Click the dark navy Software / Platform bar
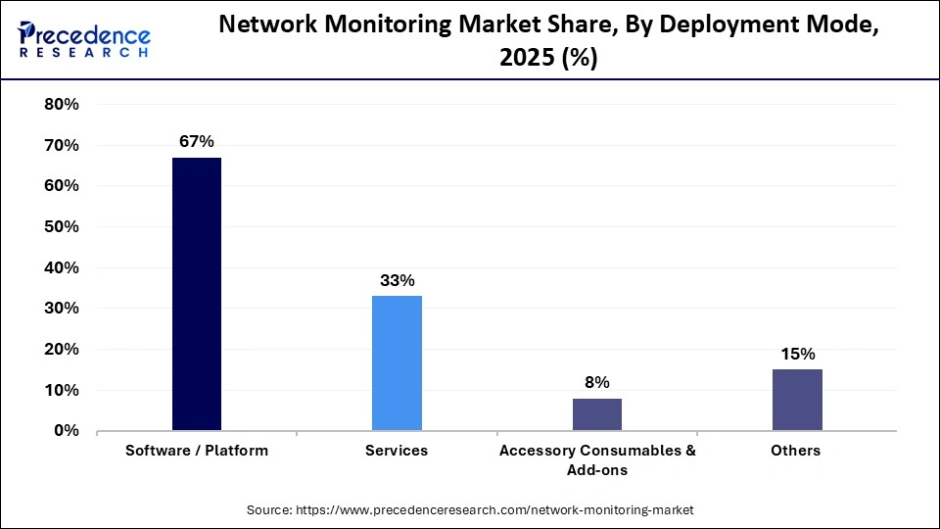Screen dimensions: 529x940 (x=197, y=294)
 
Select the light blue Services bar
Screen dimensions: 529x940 (x=397, y=362)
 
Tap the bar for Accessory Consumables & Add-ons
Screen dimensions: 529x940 (x=597, y=414)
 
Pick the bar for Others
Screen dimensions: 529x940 (x=797, y=400)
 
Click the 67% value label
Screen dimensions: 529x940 (x=197, y=142)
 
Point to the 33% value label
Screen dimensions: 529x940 (x=397, y=280)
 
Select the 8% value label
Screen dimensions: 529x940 (x=597, y=382)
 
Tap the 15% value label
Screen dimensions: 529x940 (x=797, y=354)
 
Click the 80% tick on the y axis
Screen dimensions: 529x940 (x=62, y=105)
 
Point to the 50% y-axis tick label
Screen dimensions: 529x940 (x=62, y=227)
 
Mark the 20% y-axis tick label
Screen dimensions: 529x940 (x=62, y=350)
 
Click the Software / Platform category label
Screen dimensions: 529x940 (x=197, y=451)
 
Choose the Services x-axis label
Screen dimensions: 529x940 (x=397, y=451)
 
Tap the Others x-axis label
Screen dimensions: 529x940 (x=797, y=451)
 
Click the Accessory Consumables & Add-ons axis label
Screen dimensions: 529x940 (x=597, y=459)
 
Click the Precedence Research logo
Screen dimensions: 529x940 (x=84, y=39)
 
